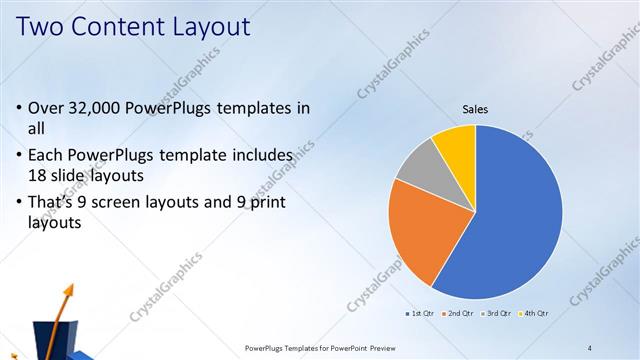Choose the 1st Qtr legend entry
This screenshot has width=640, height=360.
[421, 314]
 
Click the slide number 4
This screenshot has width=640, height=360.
[590, 347]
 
